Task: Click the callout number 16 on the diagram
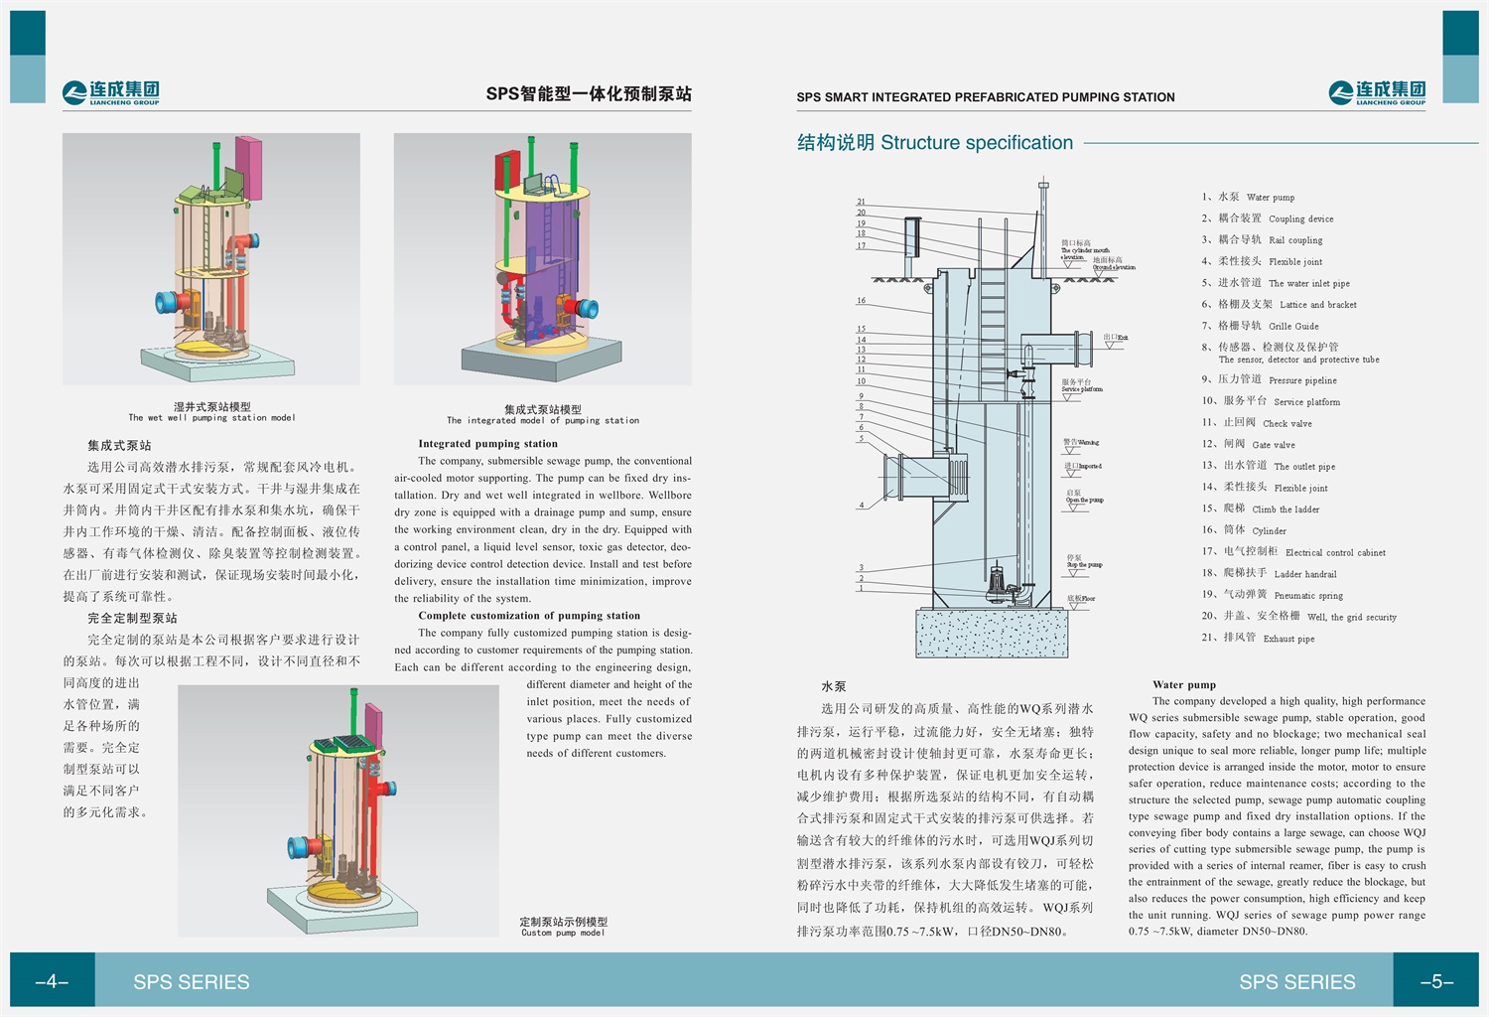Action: (861, 301)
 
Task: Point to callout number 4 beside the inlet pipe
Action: (861, 506)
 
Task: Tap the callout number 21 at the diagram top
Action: (861, 202)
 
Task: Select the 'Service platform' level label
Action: (1081, 385)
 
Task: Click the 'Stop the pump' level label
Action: (1083, 561)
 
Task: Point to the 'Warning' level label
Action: (1080, 442)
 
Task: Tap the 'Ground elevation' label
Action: (1113, 264)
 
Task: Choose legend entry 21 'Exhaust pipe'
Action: (1258, 638)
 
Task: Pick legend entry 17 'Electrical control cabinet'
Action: (1293, 551)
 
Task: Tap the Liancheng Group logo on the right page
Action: (1377, 93)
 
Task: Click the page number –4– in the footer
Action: (52, 982)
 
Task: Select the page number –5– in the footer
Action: (1435, 982)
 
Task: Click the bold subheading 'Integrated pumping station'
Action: (487, 444)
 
